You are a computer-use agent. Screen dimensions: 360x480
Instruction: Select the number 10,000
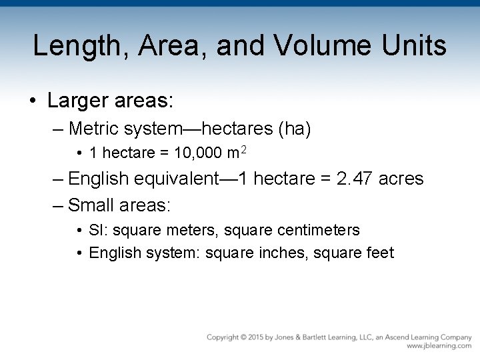click(198, 153)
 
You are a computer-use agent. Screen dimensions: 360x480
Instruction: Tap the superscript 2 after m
click(244, 150)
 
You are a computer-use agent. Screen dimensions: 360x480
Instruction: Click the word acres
click(399, 179)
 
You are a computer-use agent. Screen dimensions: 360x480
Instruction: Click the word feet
click(381, 253)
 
